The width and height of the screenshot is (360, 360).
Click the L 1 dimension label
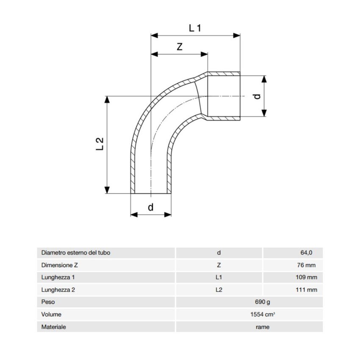195,28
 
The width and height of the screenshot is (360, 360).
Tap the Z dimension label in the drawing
180,47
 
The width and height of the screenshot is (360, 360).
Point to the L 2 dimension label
100,144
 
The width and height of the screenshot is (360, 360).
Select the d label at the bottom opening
151,207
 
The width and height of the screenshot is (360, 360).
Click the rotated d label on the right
258,96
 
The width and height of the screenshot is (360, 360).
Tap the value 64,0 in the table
306,252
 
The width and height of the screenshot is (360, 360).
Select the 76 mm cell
306,265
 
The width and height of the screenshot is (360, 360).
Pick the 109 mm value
306,277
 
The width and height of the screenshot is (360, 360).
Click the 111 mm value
306,290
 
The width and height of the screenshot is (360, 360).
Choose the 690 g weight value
263,302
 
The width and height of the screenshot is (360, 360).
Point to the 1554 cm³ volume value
263,314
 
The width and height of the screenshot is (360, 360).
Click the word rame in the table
263,327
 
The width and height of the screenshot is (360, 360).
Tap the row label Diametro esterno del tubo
76,252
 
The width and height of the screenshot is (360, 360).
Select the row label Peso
48,302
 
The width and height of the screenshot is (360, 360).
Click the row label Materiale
53,327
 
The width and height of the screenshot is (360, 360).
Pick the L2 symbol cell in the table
219,290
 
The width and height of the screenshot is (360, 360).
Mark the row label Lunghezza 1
58,277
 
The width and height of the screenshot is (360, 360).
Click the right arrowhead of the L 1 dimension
236,35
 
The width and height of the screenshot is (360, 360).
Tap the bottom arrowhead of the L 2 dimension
107,190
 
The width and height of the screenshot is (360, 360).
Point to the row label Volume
51,314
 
